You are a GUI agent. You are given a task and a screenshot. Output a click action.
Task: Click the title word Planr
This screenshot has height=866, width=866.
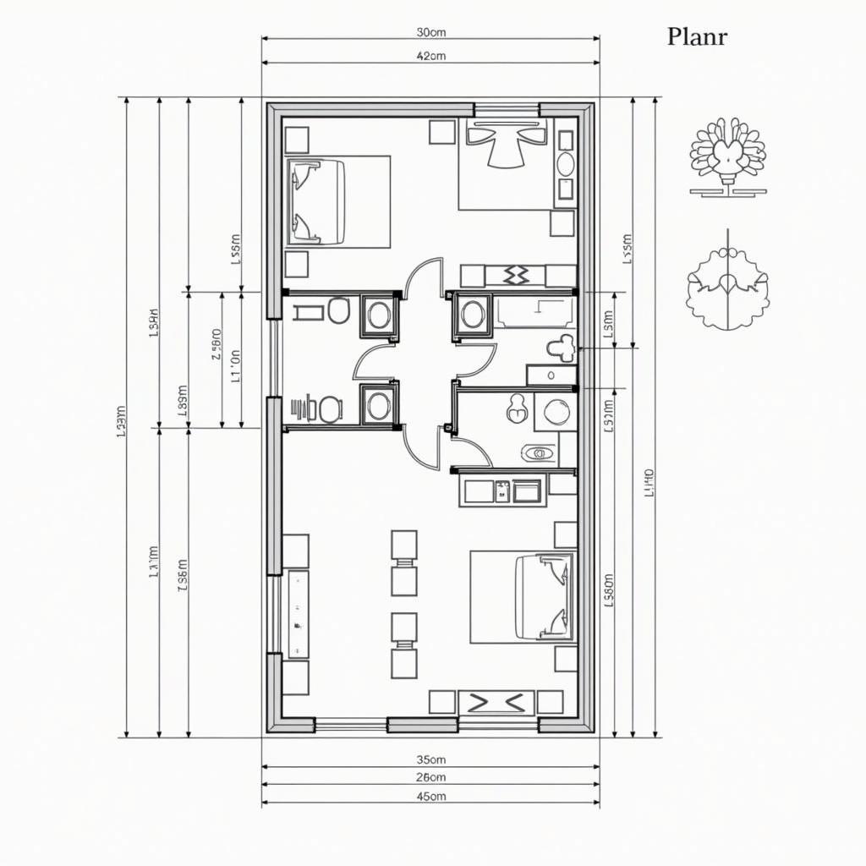click(x=697, y=36)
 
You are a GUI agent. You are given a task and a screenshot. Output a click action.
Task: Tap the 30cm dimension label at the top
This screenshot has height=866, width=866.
click(x=431, y=32)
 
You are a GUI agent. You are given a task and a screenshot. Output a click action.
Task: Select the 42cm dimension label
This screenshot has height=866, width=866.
click(x=431, y=56)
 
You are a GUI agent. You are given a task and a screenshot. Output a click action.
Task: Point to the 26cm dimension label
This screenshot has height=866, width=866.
click(x=431, y=776)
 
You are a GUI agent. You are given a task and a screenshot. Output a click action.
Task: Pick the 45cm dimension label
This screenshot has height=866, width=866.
click(x=431, y=796)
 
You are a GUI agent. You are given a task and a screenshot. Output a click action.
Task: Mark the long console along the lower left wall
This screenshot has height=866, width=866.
click(x=299, y=614)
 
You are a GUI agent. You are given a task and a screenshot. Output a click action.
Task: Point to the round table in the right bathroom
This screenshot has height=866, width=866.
click(x=556, y=412)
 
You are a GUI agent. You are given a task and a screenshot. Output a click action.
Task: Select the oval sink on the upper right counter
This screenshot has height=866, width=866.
click(x=565, y=164)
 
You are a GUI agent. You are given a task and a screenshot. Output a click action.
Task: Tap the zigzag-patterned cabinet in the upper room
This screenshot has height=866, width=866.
click(x=515, y=275)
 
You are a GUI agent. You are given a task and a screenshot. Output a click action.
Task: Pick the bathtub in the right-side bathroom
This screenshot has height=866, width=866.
click(x=534, y=312)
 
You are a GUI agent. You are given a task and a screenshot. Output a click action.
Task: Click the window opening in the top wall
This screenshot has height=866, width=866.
click(x=506, y=109)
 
